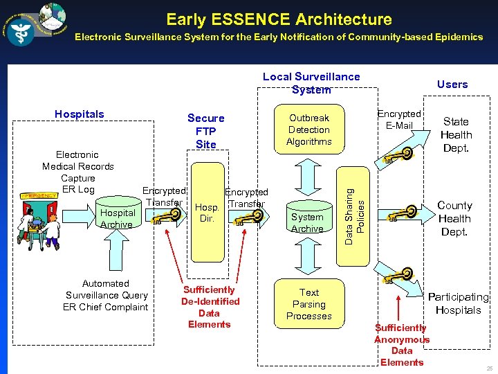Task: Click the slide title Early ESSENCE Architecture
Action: pyautogui.click(x=279, y=19)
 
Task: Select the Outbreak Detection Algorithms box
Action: pyautogui.click(x=309, y=130)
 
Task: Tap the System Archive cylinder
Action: pyautogui.click(x=307, y=222)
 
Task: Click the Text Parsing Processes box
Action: pyautogui.click(x=309, y=304)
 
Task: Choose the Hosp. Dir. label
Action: pyautogui.click(x=207, y=212)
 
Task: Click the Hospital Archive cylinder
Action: pyautogui.click(x=117, y=217)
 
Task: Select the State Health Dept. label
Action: pyautogui.click(x=456, y=135)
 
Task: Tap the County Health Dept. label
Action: pyautogui.click(x=454, y=218)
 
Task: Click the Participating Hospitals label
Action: pyautogui.click(x=458, y=303)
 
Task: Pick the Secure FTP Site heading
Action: pyautogui.click(x=205, y=131)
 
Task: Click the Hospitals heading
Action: pyautogui.click(x=80, y=114)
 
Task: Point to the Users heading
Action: pyautogui.click(x=452, y=84)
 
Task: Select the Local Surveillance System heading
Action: pyautogui.click(x=311, y=83)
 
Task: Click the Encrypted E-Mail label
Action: pyautogui.click(x=399, y=119)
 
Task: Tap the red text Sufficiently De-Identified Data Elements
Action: pyautogui.click(x=210, y=307)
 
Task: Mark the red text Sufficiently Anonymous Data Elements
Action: pyautogui.click(x=402, y=345)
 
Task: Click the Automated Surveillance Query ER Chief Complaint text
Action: pyautogui.click(x=106, y=295)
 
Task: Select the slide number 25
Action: pyautogui.click(x=490, y=367)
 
